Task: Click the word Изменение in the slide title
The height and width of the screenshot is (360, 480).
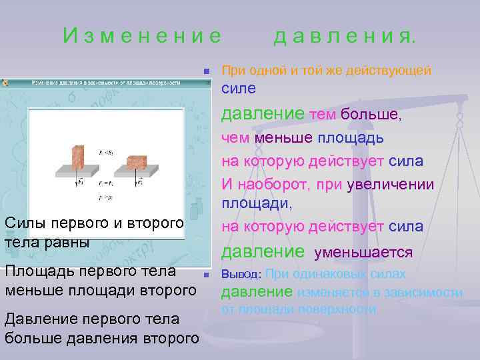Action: click(x=142, y=35)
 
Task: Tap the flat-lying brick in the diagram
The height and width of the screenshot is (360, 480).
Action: click(x=137, y=161)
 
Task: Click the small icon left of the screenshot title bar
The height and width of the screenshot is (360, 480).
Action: click(x=5, y=83)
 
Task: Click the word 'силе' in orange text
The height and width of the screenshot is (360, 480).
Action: click(x=238, y=88)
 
